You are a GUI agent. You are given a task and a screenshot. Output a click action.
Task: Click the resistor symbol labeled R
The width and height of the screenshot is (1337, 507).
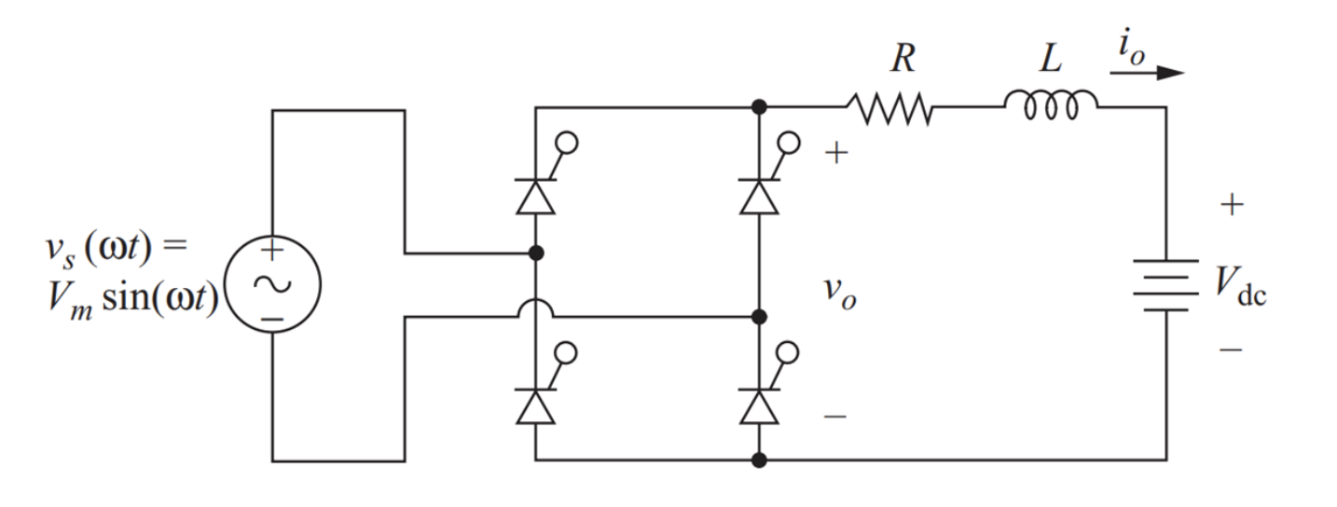(x=889, y=108)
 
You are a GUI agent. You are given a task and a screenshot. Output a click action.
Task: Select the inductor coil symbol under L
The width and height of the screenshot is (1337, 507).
(x=1051, y=104)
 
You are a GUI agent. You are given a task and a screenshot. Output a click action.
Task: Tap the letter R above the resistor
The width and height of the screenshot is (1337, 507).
(x=902, y=59)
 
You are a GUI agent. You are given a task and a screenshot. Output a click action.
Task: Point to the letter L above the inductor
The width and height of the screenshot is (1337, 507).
(x=1051, y=59)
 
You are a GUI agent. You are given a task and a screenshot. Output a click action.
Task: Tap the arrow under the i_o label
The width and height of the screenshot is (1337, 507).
(x=1147, y=73)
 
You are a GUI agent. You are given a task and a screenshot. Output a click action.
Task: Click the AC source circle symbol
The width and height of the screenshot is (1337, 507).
(x=272, y=284)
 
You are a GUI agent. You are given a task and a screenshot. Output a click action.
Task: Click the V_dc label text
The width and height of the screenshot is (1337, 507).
(x=1241, y=285)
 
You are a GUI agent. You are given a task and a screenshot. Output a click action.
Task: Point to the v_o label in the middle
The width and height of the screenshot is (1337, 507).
(x=839, y=294)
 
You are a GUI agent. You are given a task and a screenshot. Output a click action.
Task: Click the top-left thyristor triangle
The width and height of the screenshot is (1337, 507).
(x=535, y=198)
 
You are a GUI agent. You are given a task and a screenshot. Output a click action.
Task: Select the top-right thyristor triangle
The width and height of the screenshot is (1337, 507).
(x=759, y=198)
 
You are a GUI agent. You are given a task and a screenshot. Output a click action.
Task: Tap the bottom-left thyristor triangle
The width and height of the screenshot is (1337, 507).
(x=535, y=407)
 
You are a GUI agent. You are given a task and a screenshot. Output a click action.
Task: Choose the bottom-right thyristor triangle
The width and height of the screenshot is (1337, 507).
(x=759, y=407)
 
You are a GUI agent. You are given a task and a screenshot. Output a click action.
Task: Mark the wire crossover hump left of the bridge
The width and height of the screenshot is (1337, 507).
(x=535, y=309)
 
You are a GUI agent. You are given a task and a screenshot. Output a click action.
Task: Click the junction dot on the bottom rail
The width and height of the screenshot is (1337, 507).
(x=759, y=459)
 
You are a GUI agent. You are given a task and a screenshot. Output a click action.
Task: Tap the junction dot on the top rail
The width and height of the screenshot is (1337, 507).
(x=759, y=107)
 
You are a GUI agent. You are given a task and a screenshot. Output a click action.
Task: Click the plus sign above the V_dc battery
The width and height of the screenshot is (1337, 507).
(x=1232, y=205)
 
